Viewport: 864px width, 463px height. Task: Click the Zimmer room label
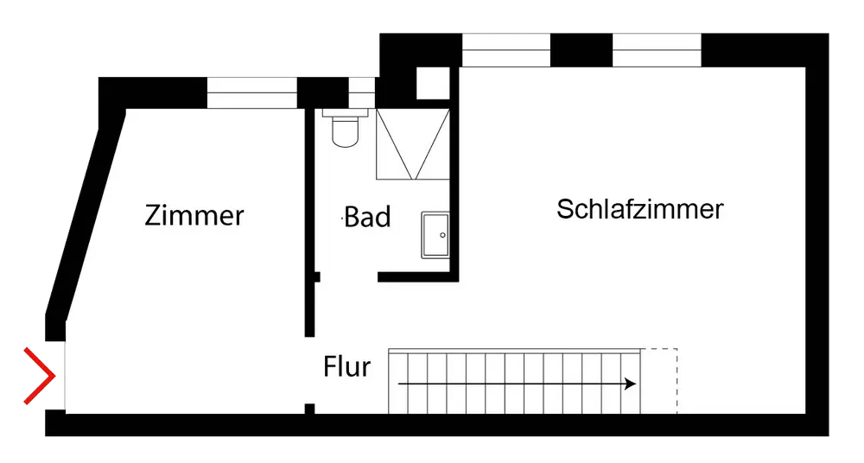coord(194,214)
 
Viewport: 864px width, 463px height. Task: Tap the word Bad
coord(367,217)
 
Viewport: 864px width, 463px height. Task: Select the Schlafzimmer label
coord(639,209)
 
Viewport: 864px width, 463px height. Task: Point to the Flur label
coord(346,367)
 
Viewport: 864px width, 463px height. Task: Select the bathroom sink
coord(435,235)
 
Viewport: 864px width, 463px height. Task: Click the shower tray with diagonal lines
coord(412,144)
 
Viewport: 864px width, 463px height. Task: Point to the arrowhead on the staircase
coord(632,383)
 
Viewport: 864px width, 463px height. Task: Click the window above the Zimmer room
coord(251,93)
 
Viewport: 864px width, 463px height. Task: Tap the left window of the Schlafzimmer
coord(506,52)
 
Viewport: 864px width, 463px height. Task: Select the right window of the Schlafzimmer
coord(656,52)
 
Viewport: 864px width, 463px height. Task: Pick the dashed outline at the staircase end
coord(660,380)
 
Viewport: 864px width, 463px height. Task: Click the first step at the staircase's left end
coord(398,381)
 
